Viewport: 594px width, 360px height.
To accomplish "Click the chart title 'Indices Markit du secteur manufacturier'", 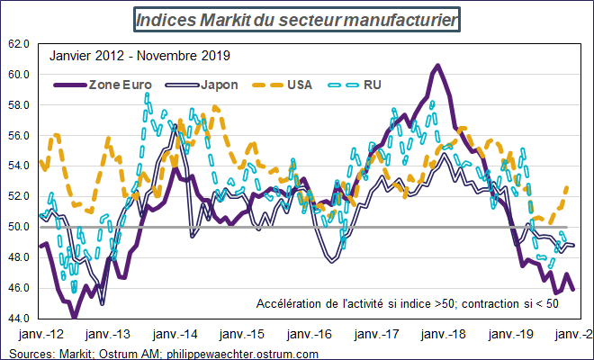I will (296, 18).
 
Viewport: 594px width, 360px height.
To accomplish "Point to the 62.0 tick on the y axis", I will (19, 43).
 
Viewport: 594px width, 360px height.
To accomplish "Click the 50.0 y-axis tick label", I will (19, 227).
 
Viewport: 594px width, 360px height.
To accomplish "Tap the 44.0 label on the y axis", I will (19, 319).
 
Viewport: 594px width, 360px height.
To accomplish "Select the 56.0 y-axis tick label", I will (19, 135).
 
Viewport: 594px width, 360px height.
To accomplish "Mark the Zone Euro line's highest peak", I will (436, 65).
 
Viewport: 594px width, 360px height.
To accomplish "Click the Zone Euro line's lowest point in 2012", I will (75, 317).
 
